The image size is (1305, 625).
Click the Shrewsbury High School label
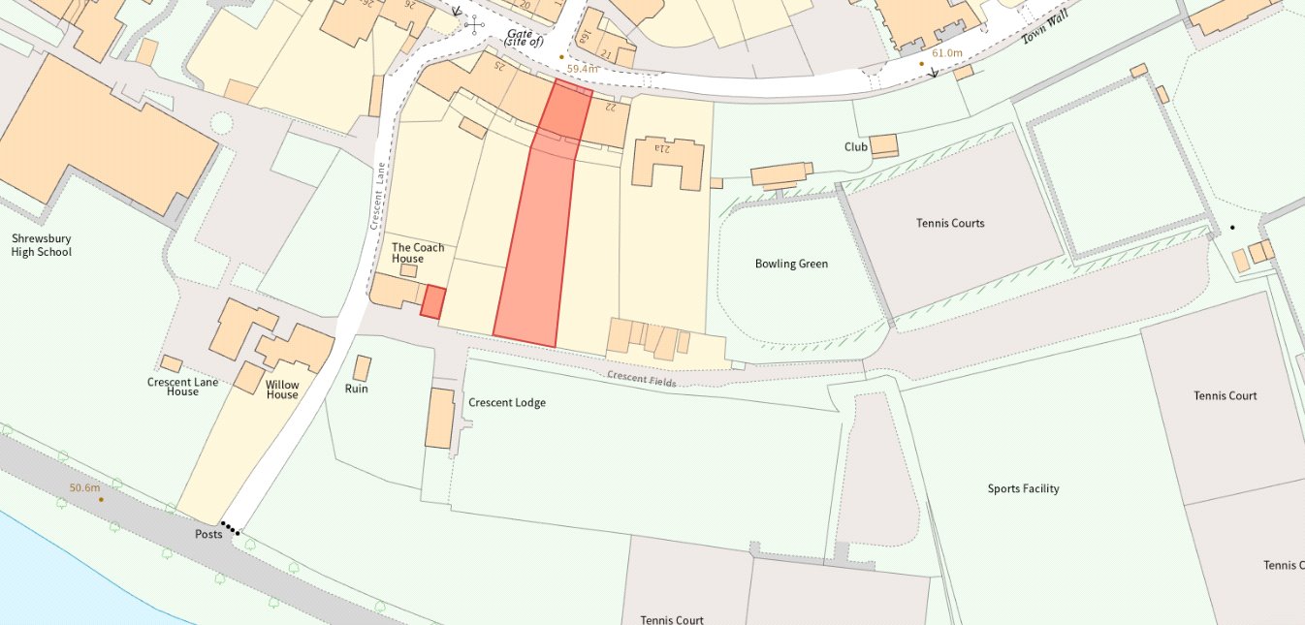(41, 245)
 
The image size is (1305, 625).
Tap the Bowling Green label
(791, 264)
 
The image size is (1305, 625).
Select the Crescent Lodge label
(506, 402)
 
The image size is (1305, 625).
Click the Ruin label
(356, 389)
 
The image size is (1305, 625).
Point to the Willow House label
(282, 390)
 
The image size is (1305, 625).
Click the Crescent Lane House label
(182, 387)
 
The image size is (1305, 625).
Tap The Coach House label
(418, 253)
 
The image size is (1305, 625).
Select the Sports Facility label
(1023, 488)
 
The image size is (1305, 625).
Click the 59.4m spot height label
(584, 69)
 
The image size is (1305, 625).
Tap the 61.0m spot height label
(946, 53)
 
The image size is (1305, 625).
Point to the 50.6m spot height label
(84, 487)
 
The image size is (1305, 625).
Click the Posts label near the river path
(208, 534)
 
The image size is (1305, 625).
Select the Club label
(855, 147)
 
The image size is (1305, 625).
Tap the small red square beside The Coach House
(432, 301)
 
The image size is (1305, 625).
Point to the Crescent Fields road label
(641, 379)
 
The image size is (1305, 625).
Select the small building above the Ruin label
(362, 368)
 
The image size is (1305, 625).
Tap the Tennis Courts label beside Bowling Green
(949, 223)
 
